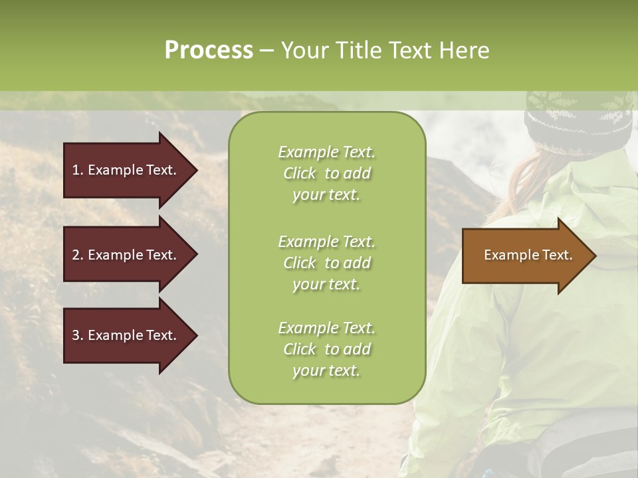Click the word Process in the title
click(209, 50)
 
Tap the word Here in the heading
click(465, 50)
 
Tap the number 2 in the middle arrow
click(76, 255)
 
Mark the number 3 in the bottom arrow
click(76, 335)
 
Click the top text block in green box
click(326, 173)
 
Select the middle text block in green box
click(326, 263)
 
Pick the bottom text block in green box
click(326, 349)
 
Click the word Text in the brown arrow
click(559, 255)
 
